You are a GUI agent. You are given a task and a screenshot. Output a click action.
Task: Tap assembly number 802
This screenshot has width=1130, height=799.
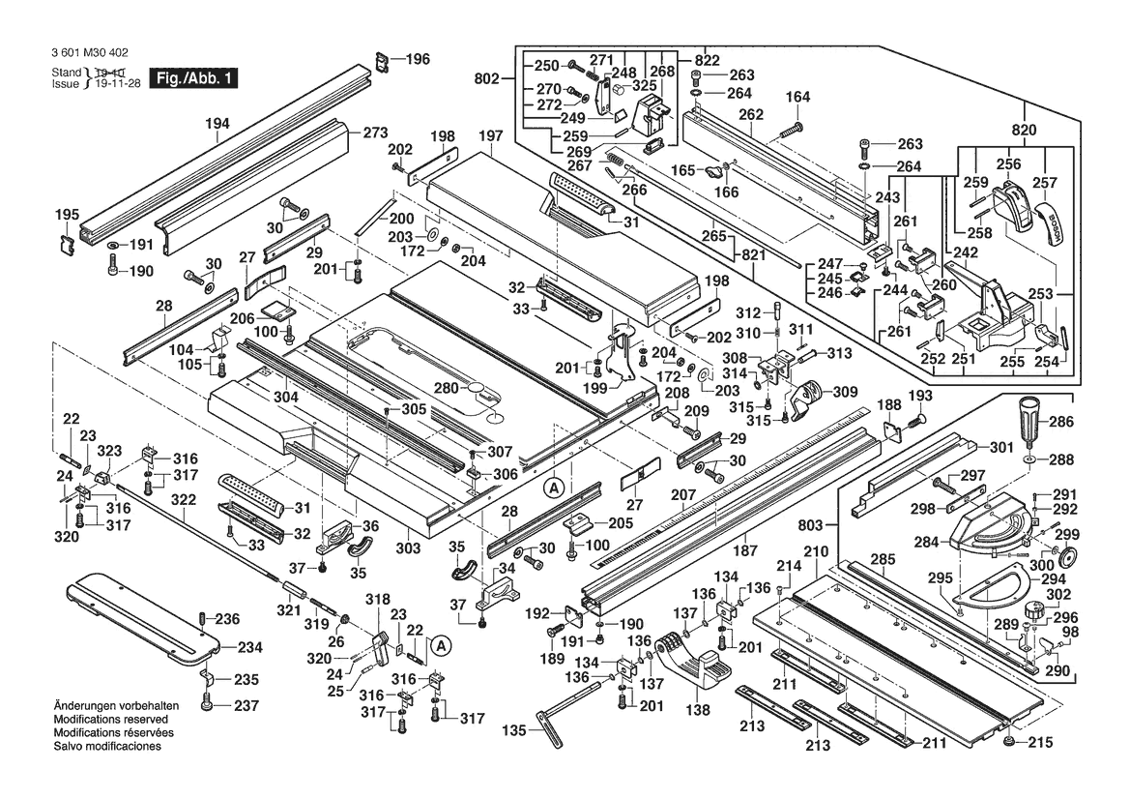click(x=489, y=78)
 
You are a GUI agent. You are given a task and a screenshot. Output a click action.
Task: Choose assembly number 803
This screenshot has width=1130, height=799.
click(x=813, y=524)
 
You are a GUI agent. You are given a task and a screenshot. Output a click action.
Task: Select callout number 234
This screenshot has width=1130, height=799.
click(x=249, y=647)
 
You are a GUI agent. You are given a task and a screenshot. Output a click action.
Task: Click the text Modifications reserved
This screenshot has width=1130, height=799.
click(x=111, y=721)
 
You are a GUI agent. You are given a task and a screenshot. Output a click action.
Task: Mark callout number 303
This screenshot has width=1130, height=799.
click(x=409, y=548)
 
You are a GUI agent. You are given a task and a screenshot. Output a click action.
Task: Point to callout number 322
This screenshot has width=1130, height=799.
click(x=184, y=499)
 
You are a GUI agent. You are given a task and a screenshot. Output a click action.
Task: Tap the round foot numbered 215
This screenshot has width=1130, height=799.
click(x=1010, y=742)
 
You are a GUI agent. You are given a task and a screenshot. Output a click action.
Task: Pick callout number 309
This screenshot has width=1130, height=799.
click(x=845, y=392)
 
